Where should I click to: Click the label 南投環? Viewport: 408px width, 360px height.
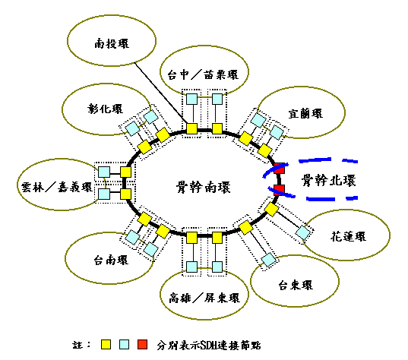click(x=112, y=43)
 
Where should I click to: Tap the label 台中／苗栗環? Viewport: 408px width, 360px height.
click(x=203, y=74)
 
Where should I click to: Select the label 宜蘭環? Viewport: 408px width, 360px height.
click(x=305, y=114)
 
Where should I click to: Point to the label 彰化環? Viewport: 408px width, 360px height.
click(x=105, y=109)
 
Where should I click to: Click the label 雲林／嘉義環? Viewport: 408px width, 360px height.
click(x=57, y=187)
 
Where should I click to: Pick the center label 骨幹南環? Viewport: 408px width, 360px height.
click(x=203, y=187)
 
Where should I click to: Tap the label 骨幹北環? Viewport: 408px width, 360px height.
click(x=329, y=180)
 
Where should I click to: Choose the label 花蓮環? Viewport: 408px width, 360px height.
click(x=349, y=236)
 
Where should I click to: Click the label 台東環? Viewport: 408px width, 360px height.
click(x=296, y=285)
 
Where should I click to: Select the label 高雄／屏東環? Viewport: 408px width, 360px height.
click(x=204, y=298)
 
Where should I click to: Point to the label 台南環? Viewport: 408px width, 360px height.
click(x=111, y=260)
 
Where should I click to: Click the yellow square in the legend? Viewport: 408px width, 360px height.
click(x=106, y=344)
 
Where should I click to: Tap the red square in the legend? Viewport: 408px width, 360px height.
click(x=142, y=344)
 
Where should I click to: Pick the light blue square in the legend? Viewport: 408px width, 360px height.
click(x=124, y=344)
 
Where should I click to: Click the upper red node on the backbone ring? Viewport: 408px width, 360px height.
click(x=280, y=169)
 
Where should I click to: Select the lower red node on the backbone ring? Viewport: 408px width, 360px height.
click(x=280, y=190)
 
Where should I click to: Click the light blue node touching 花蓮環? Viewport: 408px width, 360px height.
click(x=303, y=232)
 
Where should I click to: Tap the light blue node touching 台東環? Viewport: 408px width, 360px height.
click(x=268, y=259)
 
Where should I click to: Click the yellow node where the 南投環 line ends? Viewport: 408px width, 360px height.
click(x=191, y=129)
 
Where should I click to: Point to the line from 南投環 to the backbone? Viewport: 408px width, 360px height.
click(x=161, y=93)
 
